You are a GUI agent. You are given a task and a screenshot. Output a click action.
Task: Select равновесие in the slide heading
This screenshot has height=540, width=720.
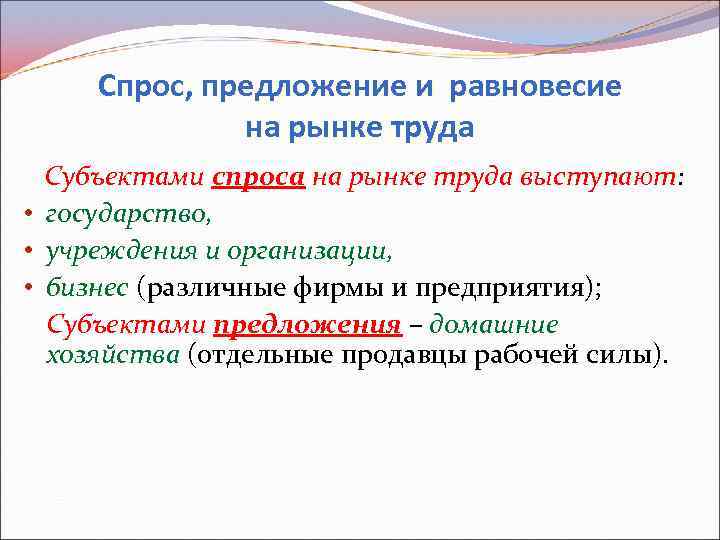536,87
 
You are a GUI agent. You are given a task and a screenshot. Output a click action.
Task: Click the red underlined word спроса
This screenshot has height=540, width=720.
258,178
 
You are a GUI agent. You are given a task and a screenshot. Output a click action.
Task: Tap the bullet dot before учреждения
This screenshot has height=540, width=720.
30,252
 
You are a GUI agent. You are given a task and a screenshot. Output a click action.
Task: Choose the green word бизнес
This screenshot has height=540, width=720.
87,288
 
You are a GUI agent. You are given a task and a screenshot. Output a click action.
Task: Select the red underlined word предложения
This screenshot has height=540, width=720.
307,325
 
